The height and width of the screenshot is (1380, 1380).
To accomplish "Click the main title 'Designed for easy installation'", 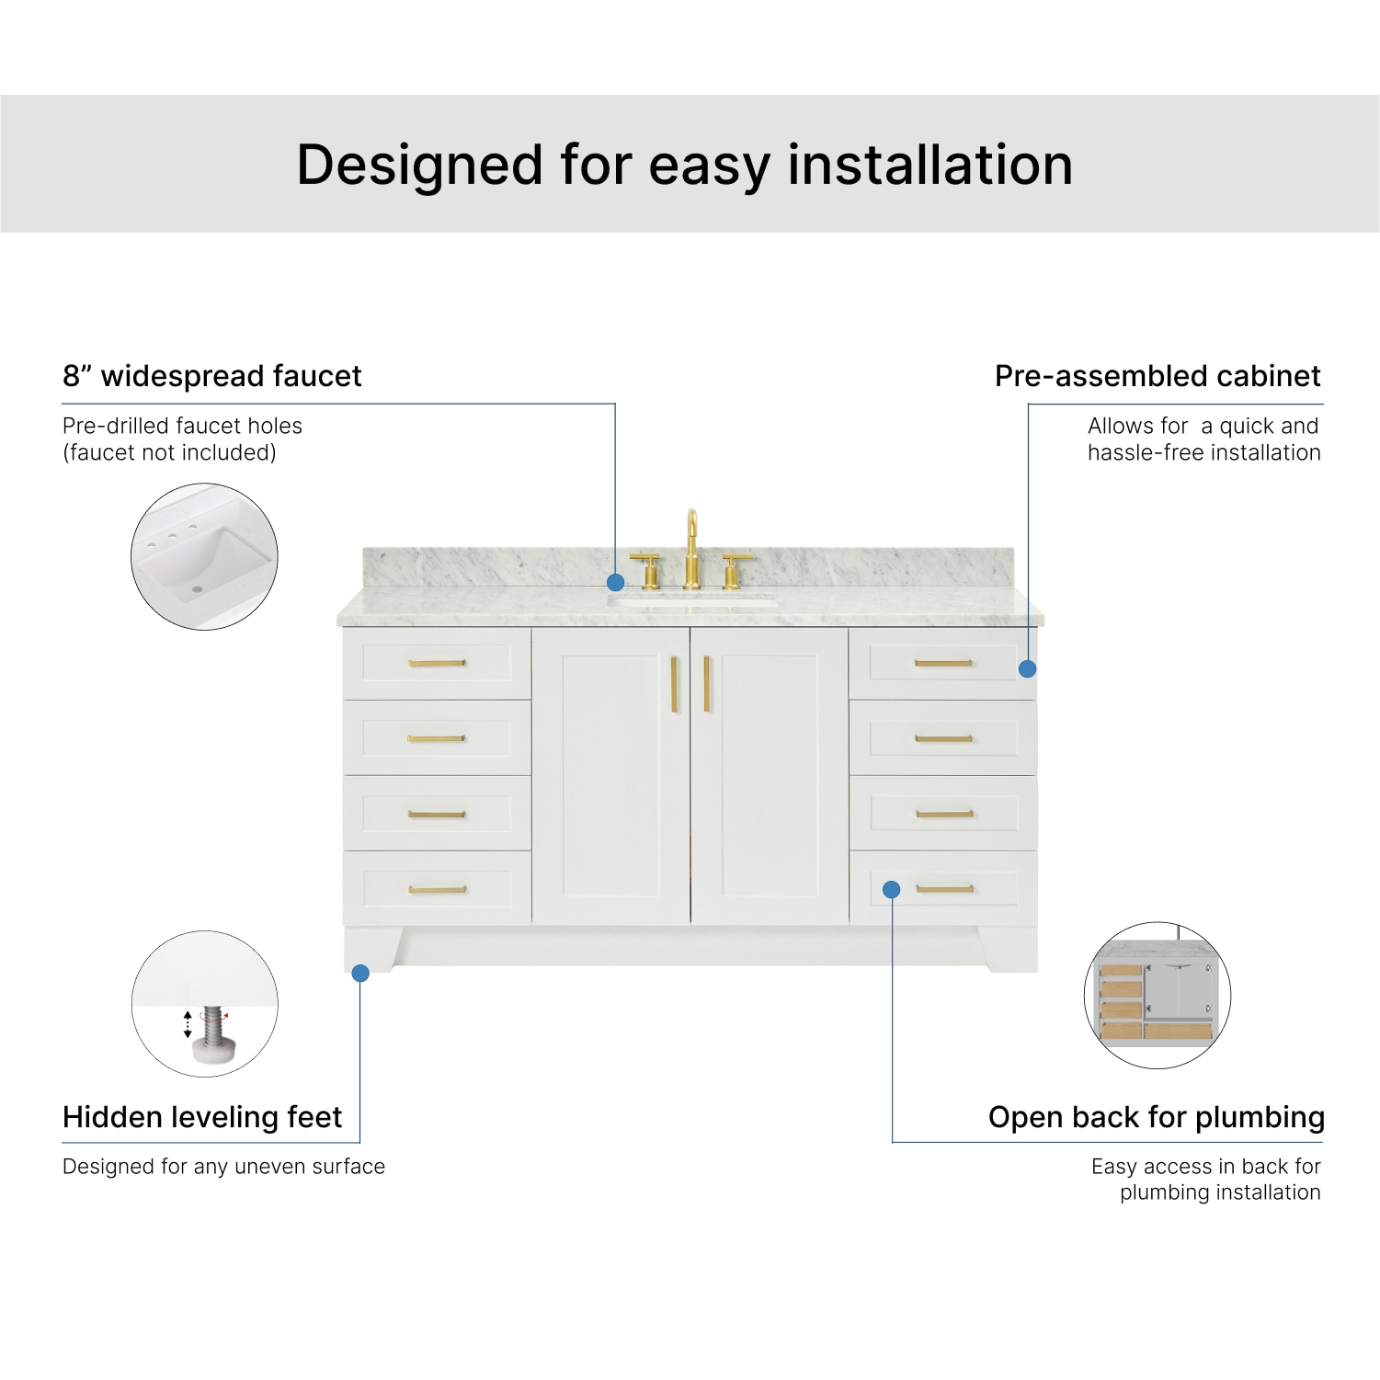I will point(685,165).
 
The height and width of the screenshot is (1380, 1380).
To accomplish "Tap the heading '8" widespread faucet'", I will point(212,376).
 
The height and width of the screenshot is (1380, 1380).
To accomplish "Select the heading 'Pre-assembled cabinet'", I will point(1158,376).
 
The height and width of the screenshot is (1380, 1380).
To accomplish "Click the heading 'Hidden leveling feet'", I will point(202,1117).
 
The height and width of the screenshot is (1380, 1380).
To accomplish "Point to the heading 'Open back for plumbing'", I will point(1156,1117).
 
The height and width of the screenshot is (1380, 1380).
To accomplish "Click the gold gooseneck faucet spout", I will point(691,542).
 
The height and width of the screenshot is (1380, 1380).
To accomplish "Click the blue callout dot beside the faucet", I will point(616,582).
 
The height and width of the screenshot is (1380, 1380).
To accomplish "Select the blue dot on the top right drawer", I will point(1028,669).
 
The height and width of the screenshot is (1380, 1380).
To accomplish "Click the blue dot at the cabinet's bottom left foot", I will point(360,973).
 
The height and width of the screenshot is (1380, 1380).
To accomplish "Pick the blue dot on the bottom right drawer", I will point(891,889).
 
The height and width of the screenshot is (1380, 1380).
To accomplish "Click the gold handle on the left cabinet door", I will point(674,684).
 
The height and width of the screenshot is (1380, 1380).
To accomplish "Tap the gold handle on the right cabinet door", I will point(707,684).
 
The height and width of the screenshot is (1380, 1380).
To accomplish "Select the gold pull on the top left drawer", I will point(437,663).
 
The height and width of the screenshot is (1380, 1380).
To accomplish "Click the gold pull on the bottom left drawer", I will point(438,889).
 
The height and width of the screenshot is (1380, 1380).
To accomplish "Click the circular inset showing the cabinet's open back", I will point(1158,996).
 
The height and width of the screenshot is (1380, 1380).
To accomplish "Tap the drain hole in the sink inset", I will point(197,588).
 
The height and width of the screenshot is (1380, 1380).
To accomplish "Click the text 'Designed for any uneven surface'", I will point(223,1167).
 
